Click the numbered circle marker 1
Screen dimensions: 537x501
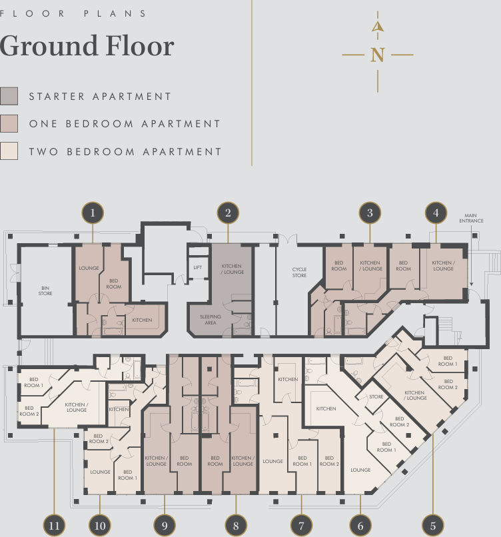tap(93, 213)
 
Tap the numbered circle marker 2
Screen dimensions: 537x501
tap(228, 213)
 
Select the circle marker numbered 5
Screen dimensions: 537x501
tap(433, 525)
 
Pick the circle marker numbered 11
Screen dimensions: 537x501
tap(55, 525)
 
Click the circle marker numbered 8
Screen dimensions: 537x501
tap(235, 525)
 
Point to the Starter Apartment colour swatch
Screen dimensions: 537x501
tap(9, 97)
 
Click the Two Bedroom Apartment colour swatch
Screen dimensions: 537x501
tap(9, 152)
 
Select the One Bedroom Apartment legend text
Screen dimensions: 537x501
tap(125, 124)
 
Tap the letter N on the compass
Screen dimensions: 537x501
tap(378, 55)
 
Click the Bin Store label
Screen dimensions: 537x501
tap(45, 290)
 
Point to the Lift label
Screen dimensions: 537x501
tap(197, 268)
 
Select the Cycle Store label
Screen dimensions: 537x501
tap(299, 272)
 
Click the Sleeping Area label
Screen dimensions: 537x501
tap(211, 320)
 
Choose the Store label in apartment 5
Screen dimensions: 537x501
tap(376, 397)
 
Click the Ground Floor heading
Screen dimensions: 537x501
tap(87, 46)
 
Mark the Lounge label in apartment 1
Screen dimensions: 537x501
tap(89, 268)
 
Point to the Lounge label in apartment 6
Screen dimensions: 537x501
tap(360, 470)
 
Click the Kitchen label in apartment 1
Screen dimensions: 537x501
tap(142, 320)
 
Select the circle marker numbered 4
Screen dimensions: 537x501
tap(436, 213)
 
